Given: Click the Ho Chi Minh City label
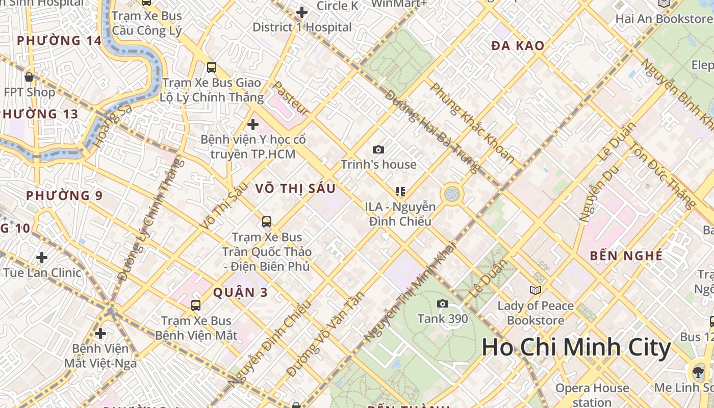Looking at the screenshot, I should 576,348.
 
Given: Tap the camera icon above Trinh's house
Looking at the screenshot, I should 378,149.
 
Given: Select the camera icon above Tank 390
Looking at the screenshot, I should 443,304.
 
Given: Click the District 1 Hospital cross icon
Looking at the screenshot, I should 302,12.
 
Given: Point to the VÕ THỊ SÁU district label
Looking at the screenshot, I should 295,189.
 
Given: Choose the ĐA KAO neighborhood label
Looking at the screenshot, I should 518,46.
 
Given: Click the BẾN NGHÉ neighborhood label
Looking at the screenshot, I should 626,256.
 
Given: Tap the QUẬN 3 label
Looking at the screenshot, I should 241,292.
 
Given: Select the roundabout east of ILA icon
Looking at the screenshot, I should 451,194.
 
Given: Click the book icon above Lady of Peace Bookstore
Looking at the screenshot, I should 535,290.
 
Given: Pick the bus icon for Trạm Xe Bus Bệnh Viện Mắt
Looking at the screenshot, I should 196,305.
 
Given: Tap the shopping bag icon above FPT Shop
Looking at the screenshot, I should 29,78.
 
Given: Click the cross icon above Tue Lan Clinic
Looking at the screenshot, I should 42,258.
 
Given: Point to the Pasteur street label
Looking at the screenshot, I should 291,98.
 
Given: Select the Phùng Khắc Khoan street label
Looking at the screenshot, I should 472,123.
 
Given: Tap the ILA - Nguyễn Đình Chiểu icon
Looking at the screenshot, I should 400,192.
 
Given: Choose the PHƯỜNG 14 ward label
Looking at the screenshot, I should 59,40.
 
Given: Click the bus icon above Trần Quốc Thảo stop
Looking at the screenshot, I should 266,222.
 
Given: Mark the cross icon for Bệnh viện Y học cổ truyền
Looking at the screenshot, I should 252,124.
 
